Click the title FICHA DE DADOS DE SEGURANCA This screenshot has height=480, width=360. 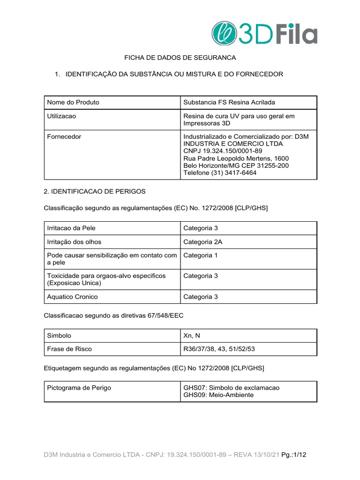click(x=180, y=58)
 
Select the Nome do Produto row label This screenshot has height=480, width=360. click(x=73, y=102)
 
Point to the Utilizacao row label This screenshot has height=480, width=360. click(x=62, y=116)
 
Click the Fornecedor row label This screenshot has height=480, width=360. click(x=64, y=137)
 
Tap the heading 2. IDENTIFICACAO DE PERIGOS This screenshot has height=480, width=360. click(x=95, y=192)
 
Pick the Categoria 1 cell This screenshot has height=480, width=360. click(x=201, y=255)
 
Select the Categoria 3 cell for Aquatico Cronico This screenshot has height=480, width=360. click(x=201, y=297)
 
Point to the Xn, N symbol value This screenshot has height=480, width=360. click(x=193, y=336)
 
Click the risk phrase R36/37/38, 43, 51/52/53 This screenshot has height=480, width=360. click(x=219, y=349)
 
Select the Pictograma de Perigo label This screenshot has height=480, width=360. click(x=79, y=388)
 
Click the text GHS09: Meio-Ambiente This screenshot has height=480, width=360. click(x=218, y=395)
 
